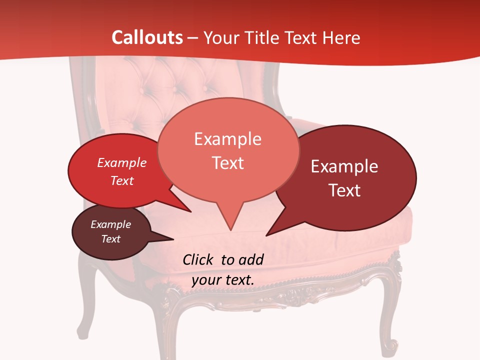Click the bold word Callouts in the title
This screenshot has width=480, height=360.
(x=147, y=37)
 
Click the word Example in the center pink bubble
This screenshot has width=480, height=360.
(x=227, y=139)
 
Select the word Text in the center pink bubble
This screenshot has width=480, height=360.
(x=227, y=163)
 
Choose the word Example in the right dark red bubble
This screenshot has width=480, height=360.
(x=344, y=166)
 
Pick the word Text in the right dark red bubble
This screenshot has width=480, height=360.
(x=344, y=190)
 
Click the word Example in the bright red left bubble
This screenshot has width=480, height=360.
(x=122, y=162)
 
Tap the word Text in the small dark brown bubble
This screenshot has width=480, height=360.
(x=111, y=239)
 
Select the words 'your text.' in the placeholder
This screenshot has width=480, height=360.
(x=223, y=280)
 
